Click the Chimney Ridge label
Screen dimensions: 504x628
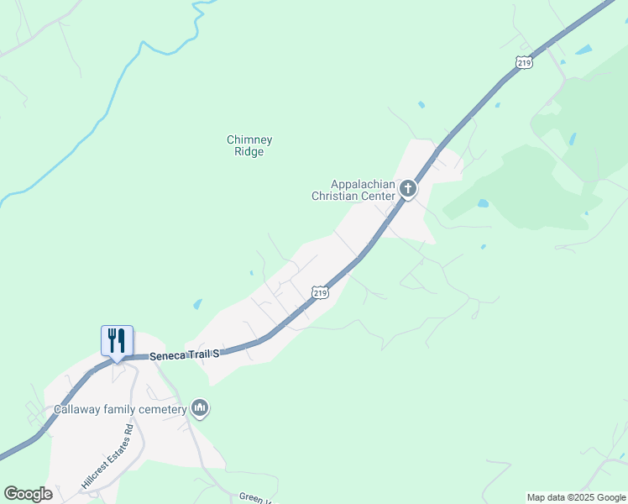pyautogui.click(x=250, y=145)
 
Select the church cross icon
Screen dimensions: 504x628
pyautogui.click(x=408, y=188)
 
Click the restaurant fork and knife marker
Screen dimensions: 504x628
pyautogui.click(x=117, y=340)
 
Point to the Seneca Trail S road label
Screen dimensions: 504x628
pyautogui.click(x=185, y=356)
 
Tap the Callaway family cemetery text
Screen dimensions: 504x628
pyautogui.click(x=120, y=409)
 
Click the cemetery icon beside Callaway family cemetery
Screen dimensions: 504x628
pyautogui.click(x=200, y=408)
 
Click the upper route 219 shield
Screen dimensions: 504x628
pyautogui.click(x=524, y=63)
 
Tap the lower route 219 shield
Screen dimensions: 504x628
pyautogui.click(x=318, y=291)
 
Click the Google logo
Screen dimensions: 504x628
pyautogui.click(x=28, y=494)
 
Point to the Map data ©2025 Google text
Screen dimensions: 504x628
pyautogui.click(x=576, y=497)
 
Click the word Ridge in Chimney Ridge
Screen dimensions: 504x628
pyautogui.click(x=250, y=152)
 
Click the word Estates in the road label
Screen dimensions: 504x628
pyautogui.click(x=110, y=454)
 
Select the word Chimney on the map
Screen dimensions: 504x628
pyautogui.click(x=250, y=139)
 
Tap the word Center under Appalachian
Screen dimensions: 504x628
pyautogui.click(x=378, y=196)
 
